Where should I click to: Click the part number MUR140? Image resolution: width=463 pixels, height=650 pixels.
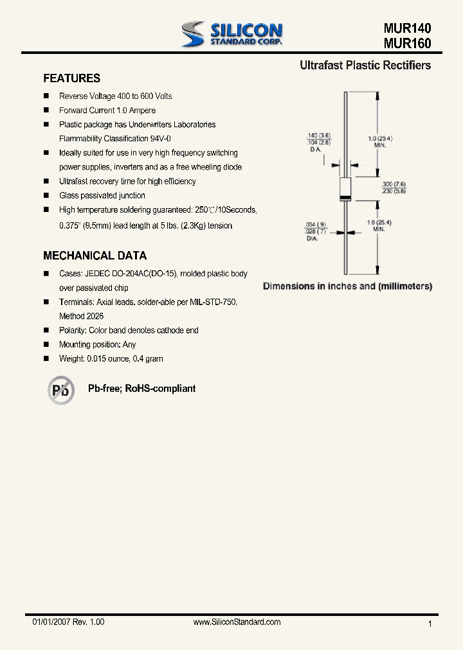tap(407, 29)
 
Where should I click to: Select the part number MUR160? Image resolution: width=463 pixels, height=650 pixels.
tap(407, 44)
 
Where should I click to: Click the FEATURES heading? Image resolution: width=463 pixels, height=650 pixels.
tap(71, 78)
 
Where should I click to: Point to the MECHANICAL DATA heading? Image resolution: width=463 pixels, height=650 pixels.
tap(95, 256)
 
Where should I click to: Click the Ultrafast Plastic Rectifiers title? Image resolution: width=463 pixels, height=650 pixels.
tap(365, 66)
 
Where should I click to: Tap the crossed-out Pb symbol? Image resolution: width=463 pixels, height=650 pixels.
tap(61, 390)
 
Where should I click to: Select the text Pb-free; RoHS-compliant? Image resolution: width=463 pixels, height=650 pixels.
tap(141, 389)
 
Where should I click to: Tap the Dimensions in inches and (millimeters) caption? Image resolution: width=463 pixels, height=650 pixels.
tap(347, 286)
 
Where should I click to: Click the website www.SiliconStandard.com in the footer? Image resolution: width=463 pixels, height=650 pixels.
tap(237, 622)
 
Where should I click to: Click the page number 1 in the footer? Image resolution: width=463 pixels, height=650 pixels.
tap(430, 624)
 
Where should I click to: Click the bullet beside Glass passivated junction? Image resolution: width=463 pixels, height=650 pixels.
tap(46, 195)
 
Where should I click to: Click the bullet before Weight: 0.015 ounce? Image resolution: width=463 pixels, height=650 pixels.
tap(46, 358)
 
